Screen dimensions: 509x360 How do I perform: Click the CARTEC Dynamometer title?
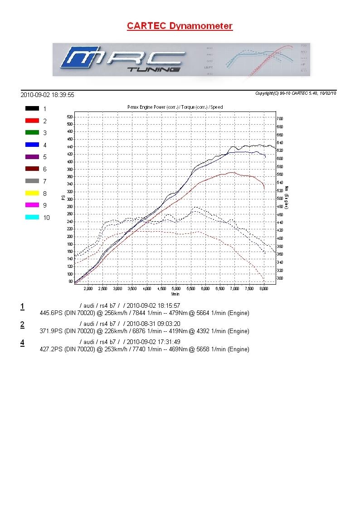click(x=180, y=26)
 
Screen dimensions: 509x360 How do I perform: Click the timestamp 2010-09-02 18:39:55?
click(x=47, y=95)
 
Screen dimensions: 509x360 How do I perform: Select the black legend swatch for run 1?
click(x=32, y=109)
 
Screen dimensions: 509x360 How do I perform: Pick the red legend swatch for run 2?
click(x=32, y=121)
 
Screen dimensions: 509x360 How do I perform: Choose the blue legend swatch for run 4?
click(x=32, y=145)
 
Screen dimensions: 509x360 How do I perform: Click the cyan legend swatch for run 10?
click(x=32, y=218)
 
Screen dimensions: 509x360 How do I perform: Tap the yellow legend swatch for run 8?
click(x=32, y=193)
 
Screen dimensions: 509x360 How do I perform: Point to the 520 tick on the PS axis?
click(x=69, y=116)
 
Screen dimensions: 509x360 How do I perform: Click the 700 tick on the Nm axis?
click(x=280, y=119)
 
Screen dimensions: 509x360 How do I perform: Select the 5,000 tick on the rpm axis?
click(x=176, y=288)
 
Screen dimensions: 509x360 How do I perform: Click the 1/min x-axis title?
click(x=175, y=294)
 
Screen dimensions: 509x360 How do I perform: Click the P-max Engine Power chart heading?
click(x=175, y=107)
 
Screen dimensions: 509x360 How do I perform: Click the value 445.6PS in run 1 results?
click(x=52, y=313)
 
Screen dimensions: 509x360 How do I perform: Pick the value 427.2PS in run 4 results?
click(x=52, y=349)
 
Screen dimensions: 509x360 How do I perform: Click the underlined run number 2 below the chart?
click(x=22, y=325)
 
